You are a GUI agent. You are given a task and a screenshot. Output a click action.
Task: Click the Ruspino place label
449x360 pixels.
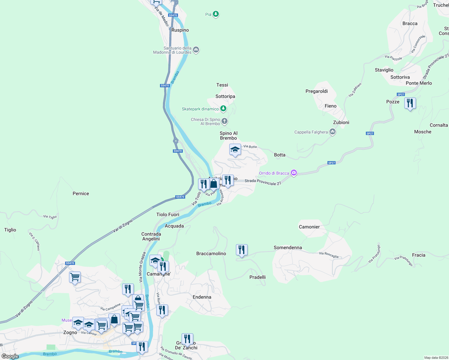click(180, 30)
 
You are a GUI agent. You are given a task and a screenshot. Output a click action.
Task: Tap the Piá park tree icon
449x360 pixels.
click(215, 14)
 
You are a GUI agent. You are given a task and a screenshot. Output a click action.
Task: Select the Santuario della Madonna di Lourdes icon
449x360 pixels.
click(196, 50)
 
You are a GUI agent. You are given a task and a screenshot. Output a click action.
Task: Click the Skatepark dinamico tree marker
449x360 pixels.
click(223, 109)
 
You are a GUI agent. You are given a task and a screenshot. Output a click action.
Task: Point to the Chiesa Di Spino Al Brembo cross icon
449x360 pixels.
click(224, 121)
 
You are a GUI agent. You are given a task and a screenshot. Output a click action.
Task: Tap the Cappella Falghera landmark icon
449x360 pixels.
click(332, 132)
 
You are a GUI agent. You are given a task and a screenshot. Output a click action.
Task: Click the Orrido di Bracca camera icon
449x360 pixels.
click(294, 173)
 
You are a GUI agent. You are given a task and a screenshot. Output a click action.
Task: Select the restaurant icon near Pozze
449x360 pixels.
click(410, 103)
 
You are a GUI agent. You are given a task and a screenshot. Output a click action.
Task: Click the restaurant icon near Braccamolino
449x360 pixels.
click(242, 250)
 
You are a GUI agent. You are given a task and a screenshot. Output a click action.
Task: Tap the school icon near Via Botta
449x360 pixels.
click(235, 149)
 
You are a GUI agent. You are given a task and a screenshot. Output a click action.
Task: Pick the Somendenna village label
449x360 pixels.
click(288, 247)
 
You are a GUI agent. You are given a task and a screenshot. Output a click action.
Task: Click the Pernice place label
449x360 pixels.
click(81, 193)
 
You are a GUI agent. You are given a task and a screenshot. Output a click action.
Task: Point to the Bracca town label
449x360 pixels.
click(410, 23)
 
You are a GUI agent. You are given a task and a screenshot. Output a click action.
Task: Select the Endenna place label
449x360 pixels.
click(202, 297)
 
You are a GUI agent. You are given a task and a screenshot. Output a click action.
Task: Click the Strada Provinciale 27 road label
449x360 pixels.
click(263, 182)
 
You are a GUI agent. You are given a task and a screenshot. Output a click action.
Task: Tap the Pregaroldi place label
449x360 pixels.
click(316, 91)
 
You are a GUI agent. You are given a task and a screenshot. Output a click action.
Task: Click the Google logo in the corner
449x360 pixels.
click(10, 356)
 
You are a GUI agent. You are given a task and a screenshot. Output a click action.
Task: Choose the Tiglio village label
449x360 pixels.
click(10, 230)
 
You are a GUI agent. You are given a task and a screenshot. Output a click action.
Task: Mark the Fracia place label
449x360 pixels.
click(418, 255)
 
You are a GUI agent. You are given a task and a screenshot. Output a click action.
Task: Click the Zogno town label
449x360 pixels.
click(70, 332)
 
